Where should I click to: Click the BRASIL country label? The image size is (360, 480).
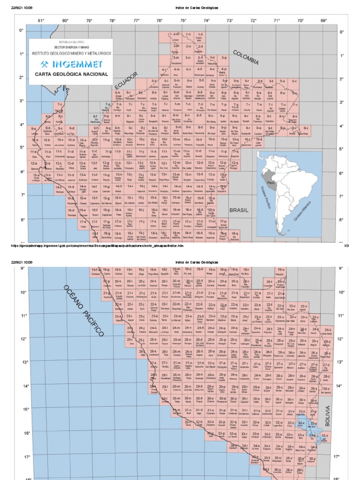click(239, 210)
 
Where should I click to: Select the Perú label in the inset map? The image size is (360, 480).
click(270, 183)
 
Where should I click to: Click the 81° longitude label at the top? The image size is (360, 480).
click(41, 21)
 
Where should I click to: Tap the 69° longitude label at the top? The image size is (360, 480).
click(323, 21)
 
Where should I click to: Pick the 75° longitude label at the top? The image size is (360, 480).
click(183, 21)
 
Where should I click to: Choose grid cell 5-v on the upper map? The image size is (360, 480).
click(294, 82)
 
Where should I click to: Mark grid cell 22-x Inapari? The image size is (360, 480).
click(304, 307)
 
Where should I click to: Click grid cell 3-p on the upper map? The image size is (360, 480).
click(225, 59)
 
